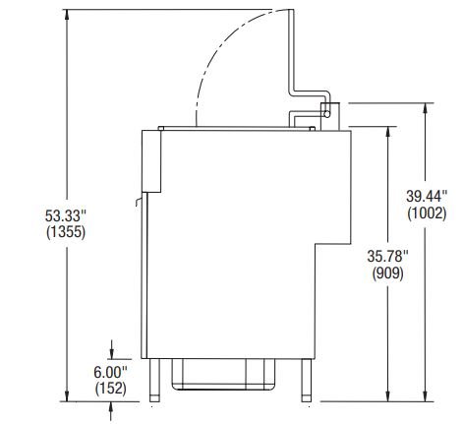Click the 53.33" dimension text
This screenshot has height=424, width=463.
(x=66, y=215)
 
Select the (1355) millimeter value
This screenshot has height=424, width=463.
(x=66, y=232)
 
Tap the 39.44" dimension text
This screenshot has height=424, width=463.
(x=427, y=196)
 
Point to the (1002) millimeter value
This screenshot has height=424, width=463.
(x=427, y=213)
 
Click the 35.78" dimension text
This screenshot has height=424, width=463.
(x=388, y=256)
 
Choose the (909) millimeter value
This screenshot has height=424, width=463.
(x=388, y=273)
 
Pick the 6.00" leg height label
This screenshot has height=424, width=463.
(x=110, y=372)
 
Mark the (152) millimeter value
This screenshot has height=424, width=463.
(x=110, y=389)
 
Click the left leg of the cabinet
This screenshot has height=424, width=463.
(x=154, y=380)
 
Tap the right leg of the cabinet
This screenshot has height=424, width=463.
(x=307, y=380)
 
